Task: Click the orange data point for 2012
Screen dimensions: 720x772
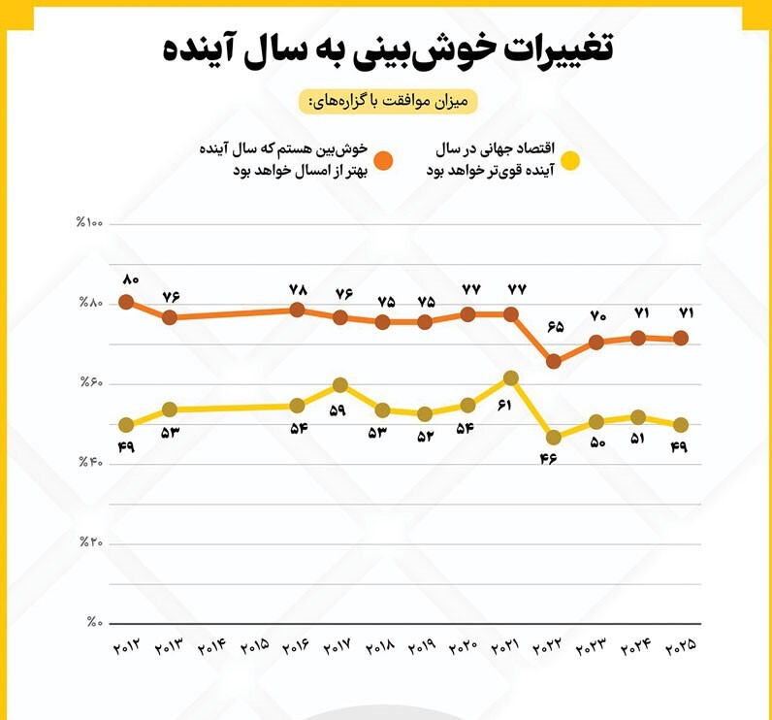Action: point(126,302)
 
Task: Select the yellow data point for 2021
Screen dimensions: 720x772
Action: point(511,377)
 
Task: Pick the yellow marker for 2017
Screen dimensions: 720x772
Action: point(339,385)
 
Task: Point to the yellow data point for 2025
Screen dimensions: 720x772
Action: point(682,425)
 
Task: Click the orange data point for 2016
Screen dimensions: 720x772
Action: point(297,310)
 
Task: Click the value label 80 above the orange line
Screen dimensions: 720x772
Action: point(131,279)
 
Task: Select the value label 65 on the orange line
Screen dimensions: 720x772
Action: point(555,327)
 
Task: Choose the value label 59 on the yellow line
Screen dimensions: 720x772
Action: point(338,410)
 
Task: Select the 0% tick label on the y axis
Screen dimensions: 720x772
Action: point(94,623)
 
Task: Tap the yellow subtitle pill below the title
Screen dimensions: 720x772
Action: point(388,100)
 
